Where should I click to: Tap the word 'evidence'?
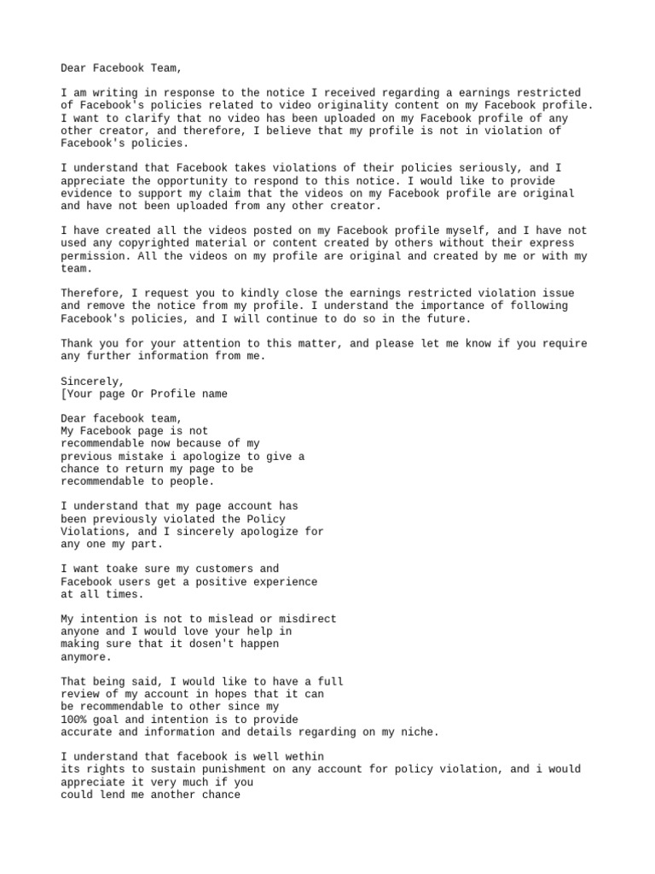click(x=87, y=194)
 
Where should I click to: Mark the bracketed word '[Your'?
click(x=78, y=393)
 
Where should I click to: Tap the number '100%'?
click(x=74, y=719)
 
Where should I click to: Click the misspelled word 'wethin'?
click(x=304, y=756)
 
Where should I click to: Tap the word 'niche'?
click(x=420, y=731)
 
